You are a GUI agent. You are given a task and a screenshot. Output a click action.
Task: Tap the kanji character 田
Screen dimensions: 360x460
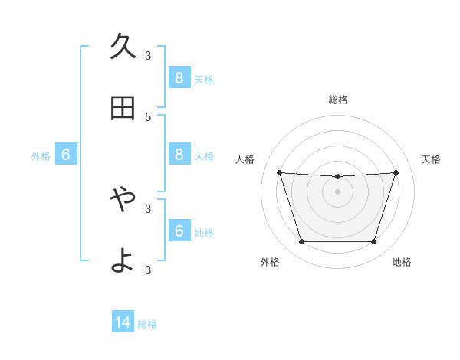(123, 109)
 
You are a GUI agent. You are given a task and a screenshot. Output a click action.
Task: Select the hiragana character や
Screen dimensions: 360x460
(123, 199)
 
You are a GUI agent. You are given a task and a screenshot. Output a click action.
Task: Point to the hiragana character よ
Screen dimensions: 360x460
(123, 260)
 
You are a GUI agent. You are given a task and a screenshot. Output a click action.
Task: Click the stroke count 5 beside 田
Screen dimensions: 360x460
(148, 117)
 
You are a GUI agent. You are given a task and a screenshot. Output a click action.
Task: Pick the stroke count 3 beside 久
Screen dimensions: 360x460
(148, 56)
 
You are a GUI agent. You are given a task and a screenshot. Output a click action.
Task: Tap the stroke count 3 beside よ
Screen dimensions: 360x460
(148, 270)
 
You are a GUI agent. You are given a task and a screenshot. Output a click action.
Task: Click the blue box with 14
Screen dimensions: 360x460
(123, 323)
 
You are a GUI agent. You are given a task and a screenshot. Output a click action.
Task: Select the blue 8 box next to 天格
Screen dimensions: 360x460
(179, 78)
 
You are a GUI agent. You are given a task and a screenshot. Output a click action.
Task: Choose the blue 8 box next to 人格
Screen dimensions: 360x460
(179, 155)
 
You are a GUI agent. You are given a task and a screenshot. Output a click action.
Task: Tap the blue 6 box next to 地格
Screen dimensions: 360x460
(179, 231)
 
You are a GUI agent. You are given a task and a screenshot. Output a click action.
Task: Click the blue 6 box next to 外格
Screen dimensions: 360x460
(66, 155)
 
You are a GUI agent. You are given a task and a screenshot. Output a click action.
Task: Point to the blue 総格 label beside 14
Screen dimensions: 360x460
(147, 324)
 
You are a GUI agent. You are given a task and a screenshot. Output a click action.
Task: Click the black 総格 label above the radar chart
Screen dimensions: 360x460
(337, 100)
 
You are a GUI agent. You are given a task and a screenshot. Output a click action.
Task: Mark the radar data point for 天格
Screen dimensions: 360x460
(396, 172)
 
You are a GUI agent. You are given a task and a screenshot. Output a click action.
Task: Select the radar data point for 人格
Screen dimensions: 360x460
(279, 172)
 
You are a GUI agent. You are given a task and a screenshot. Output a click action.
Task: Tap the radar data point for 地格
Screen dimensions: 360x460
(373, 242)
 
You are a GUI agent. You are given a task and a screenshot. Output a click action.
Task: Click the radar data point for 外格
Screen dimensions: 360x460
(301, 242)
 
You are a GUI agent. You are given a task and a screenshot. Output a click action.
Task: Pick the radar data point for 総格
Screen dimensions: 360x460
(337, 177)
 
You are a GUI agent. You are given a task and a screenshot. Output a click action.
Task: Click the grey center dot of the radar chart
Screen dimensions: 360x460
(337, 191)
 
